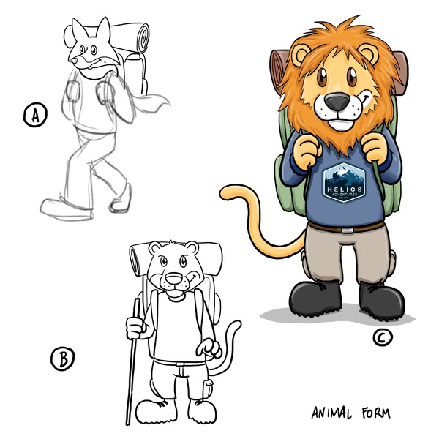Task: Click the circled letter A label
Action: coord(34,115)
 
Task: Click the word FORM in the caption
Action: coord(371,413)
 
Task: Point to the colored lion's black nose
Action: coord(337,104)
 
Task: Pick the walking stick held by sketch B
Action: coord(132,366)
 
